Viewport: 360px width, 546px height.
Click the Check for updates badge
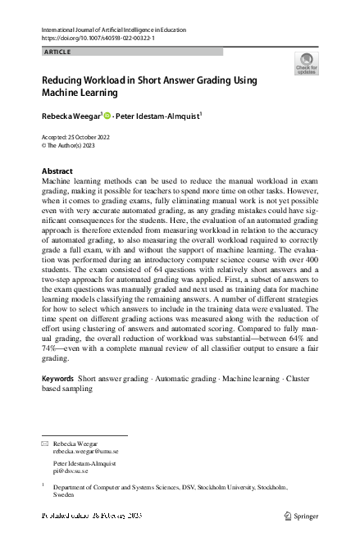point(307,64)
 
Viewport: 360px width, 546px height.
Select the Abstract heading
point(57,171)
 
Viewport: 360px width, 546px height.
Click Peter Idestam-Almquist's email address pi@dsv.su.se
point(71,471)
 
